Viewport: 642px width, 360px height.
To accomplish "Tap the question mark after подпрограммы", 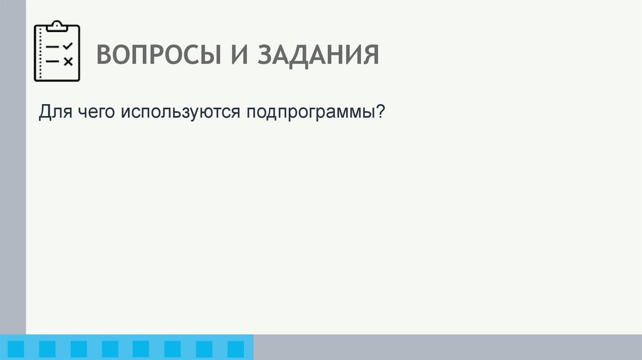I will (x=380, y=112).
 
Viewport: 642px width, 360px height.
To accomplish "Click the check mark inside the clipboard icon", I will (x=68, y=47).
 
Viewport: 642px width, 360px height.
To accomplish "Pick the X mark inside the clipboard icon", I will (x=68, y=61).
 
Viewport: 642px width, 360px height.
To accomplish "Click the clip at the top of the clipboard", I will (x=57, y=26).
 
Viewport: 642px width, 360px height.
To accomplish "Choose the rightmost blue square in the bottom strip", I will (x=235, y=349).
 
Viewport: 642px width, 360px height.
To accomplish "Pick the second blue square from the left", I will (x=47, y=349).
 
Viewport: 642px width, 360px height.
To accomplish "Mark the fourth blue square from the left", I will (x=110, y=349).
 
